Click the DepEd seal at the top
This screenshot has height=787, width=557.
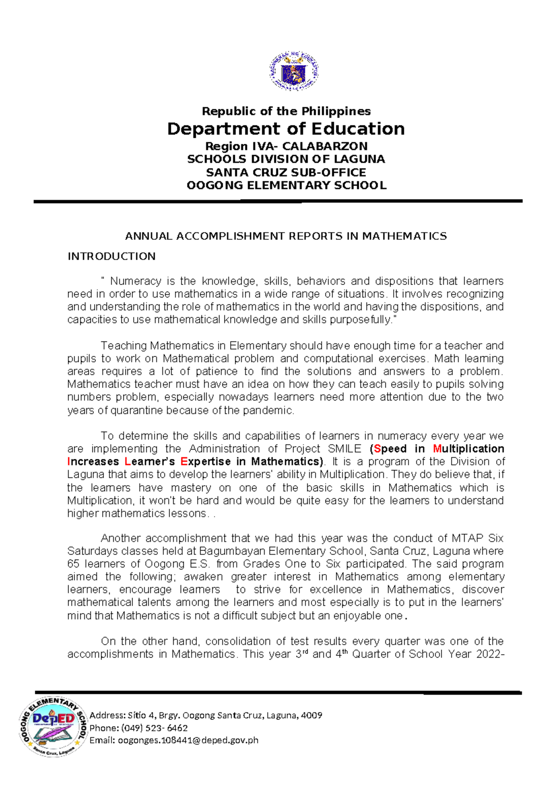(x=294, y=71)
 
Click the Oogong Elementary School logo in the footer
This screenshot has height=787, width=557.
(x=53, y=726)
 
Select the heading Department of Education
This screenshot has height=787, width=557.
(x=285, y=129)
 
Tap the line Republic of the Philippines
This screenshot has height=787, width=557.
(x=286, y=111)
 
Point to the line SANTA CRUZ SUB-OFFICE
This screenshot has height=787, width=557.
(x=286, y=172)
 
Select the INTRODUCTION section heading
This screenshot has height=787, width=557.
(x=111, y=256)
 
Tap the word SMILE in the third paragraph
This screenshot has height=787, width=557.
(x=344, y=449)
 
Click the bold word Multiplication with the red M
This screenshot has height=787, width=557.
(x=468, y=449)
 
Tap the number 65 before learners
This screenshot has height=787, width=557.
(x=73, y=564)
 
